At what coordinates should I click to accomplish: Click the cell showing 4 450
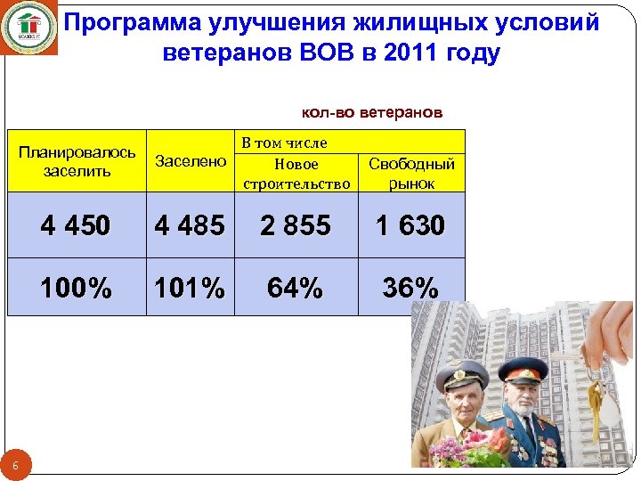click(76, 225)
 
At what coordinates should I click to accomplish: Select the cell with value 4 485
click(190, 225)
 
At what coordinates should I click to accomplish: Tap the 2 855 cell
click(296, 225)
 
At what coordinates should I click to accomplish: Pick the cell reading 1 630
click(410, 225)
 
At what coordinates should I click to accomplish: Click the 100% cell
click(76, 288)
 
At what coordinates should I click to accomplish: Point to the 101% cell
click(190, 288)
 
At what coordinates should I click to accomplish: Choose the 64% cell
click(296, 288)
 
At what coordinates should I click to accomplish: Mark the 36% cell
click(410, 288)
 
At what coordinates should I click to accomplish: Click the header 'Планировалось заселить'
click(77, 161)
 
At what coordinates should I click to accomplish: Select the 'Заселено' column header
click(191, 161)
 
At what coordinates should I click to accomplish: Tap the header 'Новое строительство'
click(296, 174)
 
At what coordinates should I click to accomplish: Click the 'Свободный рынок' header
click(411, 173)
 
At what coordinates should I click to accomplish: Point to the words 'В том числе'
click(285, 143)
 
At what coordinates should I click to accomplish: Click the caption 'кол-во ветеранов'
click(372, 113)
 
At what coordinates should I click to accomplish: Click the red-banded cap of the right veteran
click(521, 368)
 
